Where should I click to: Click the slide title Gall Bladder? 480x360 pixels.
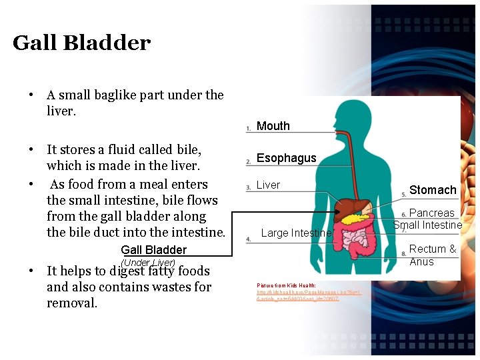click(81, 43)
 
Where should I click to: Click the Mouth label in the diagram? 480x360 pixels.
click(273, 126)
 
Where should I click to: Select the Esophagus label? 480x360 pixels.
click(287, 158)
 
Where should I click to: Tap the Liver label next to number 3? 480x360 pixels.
click(268, 185)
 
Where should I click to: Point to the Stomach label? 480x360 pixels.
click(433, 190)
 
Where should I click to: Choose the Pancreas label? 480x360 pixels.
click(431, 213)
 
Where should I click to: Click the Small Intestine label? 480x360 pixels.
click(428, 225)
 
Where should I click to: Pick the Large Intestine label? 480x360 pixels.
click(296, 233)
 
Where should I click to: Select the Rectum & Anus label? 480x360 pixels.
click(433, 255)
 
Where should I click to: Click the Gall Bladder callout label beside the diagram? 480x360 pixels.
click(153, 250)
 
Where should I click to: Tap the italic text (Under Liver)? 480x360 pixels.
click(148, 263)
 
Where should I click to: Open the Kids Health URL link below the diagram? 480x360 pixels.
click(299, 295)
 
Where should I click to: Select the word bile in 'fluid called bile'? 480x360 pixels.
click(189, 149)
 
